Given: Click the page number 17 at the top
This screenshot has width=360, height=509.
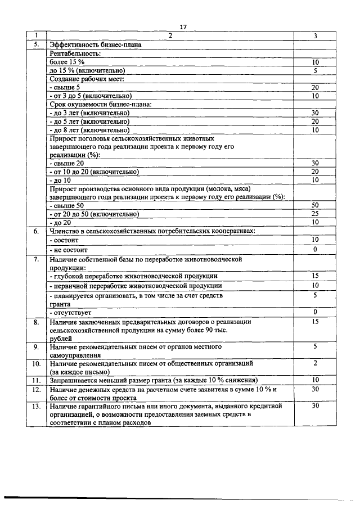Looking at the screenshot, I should (x=182, y=27).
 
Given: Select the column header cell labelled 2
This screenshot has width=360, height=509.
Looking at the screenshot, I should (x=171, y=36).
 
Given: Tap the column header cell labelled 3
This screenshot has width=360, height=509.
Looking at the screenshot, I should (x=315, y=36).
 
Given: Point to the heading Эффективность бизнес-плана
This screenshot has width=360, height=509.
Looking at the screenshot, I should (x=95, y=44).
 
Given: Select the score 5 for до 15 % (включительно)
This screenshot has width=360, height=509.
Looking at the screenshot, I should (x=315, y=70).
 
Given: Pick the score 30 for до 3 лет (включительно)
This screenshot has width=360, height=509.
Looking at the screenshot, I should (x=315, y=112).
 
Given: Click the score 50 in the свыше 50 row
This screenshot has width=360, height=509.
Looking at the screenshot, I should (x=315, y=205).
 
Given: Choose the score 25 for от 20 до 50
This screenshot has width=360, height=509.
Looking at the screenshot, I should (x=315, y=214).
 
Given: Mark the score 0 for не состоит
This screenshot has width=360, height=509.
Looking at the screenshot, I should (x=315, y=249).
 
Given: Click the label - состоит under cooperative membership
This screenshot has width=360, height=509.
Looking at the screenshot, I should (x=64, y=240).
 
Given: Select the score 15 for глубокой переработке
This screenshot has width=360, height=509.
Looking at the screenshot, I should (x=315, y=276).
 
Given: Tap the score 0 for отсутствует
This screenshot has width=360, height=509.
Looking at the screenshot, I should (x=315, y=312).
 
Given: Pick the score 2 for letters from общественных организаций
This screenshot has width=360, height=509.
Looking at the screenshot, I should (x=315, y=363).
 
